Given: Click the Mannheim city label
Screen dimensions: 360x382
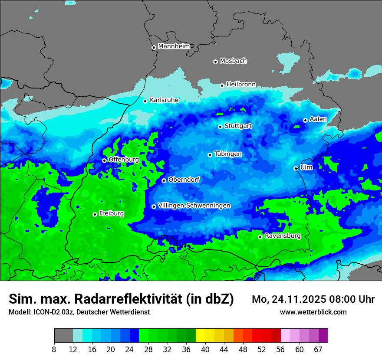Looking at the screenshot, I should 174,46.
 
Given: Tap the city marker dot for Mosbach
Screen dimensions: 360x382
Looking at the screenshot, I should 215,62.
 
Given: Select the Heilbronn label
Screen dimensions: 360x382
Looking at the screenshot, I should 241,84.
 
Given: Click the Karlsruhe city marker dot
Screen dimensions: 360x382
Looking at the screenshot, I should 145,101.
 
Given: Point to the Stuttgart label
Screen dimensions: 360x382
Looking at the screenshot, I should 238,126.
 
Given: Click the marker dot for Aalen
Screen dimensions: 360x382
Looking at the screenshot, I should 305,120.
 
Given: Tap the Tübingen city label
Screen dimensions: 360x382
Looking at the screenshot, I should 228,154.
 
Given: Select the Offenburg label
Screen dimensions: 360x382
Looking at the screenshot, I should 124,159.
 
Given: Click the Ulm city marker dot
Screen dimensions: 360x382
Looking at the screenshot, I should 296,168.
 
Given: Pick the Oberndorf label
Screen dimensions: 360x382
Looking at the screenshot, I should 184,179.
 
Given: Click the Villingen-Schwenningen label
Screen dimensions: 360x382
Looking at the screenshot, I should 194,205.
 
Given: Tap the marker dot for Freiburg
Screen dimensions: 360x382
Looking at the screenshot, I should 95,214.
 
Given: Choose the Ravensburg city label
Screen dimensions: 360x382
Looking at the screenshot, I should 283,236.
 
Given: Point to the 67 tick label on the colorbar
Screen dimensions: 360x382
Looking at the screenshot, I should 318,350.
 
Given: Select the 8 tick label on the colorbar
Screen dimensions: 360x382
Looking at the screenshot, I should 54,350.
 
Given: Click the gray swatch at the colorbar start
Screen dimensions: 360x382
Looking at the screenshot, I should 63,336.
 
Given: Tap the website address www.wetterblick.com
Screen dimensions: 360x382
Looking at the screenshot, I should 313,312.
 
